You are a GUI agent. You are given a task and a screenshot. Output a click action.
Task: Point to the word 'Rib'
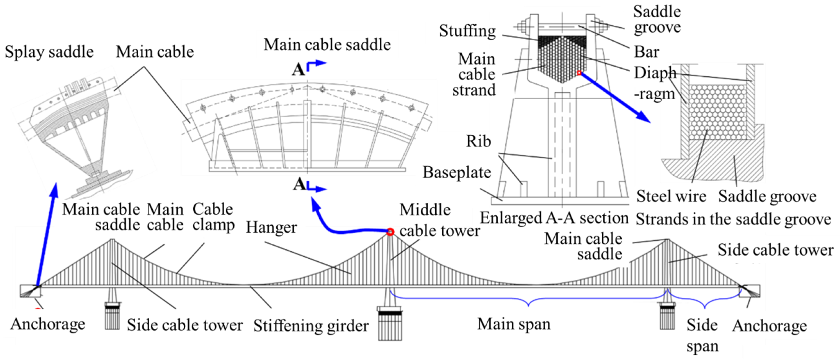coord(478,141)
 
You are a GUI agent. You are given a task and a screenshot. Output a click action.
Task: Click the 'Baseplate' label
coord(456,172)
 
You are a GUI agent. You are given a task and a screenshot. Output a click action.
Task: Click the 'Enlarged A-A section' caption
coord(554,218)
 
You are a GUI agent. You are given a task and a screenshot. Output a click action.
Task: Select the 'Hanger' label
coord(271,227)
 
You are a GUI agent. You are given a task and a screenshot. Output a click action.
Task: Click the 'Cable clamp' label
coord(213,217)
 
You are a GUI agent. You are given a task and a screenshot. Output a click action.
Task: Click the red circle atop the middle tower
coord(390,232)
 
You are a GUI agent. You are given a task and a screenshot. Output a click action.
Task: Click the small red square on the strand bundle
coord(579,73)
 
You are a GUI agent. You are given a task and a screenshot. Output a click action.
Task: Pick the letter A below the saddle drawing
coord(299,184)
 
